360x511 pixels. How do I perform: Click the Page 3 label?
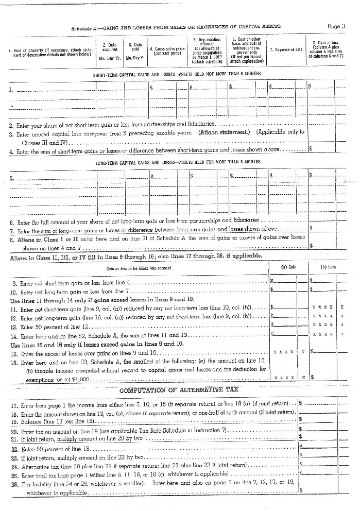click(x=336, y=26)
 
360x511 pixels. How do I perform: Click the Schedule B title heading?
click(x=177, y=26)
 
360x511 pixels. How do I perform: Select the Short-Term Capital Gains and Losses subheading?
click(x=177, y=74)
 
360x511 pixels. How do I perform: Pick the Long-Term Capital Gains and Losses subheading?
click(x=178, y=162)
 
